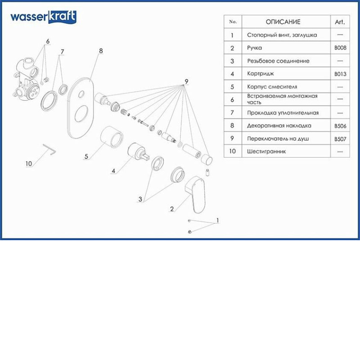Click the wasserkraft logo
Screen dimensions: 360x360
(x=43, y=17)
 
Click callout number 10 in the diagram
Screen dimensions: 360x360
(x=29, y=164)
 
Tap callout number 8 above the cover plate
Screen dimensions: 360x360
(x=101, y=51)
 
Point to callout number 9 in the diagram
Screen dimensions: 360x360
(x=186, y=81)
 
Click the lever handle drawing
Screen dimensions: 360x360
(x=195, y=194)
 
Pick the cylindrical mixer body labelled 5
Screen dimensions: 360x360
(x=112, y=137)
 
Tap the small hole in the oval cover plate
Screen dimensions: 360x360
(x=81, y=94)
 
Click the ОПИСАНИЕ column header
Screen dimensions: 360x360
(x=283, y=22)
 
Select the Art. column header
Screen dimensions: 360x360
(x=340, y=22)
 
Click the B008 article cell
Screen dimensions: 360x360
(x=340, y=48)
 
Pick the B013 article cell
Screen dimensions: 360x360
(x=340, y=74)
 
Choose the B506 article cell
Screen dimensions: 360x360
(x=340, y=126)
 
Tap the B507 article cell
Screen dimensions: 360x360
(x=340, y=139)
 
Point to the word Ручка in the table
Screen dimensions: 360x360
(x=254, y=48)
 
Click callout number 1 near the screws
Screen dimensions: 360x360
(x=218, y=220)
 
